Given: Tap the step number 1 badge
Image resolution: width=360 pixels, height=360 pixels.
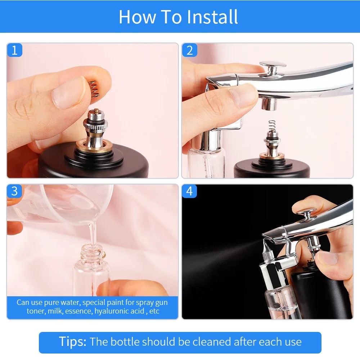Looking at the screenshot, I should point(14,50).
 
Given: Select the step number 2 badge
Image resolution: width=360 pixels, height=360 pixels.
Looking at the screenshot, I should point(189,50).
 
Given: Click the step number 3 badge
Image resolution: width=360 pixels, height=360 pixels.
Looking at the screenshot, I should point(14,191).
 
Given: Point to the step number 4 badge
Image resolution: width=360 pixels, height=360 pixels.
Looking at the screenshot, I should point(189,191).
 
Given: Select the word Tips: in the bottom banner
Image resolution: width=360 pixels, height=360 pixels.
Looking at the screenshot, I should point(73,342).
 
